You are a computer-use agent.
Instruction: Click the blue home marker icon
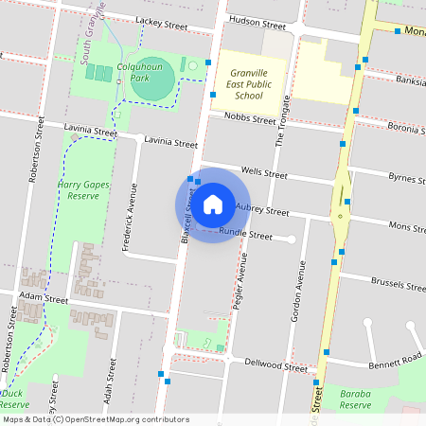tap(213, 204)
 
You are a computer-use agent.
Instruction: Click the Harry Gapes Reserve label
tap(84, 190)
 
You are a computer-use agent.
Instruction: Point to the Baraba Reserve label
tap(355, 399)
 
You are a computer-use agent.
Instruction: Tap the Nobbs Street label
tap(249, 118)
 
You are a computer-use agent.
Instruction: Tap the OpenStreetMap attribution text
tap(95, 419)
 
